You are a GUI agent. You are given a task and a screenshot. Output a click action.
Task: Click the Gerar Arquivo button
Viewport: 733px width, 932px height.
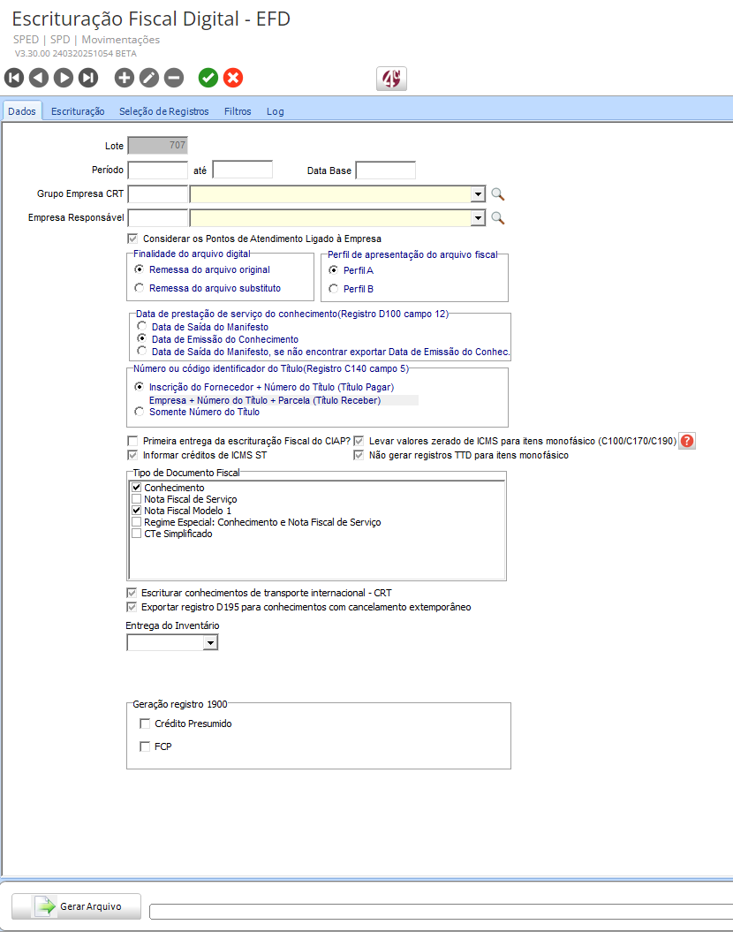point(76,906)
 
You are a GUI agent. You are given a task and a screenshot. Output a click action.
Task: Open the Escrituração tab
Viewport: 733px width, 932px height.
point(78,111)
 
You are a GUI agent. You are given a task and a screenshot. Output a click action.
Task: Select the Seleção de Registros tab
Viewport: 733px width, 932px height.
point(163,111)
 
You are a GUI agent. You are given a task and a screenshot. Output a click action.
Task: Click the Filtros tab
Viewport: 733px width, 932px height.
point(238,111)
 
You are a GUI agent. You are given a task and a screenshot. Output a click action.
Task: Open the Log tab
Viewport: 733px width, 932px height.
point(276,111)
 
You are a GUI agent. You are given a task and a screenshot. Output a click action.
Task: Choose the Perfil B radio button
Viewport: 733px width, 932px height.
point(333,289)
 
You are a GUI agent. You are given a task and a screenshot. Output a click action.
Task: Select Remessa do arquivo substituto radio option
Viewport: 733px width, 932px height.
point(140,288)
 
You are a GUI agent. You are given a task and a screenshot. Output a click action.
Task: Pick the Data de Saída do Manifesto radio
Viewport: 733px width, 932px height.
point(142,327)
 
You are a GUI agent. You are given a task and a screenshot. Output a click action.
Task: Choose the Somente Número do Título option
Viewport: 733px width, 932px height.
point(140,412)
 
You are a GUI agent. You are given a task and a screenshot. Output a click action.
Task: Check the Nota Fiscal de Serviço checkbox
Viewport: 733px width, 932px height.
point(137,499)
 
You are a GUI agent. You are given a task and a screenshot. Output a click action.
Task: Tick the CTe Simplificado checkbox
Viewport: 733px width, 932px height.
point(137,534)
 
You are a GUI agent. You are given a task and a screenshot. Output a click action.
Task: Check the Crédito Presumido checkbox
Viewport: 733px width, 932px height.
point(146,724)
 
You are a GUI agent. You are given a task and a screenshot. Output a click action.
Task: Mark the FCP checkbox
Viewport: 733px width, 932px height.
point(146,746)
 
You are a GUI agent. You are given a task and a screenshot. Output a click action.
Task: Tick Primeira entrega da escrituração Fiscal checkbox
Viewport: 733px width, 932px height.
point(133,440)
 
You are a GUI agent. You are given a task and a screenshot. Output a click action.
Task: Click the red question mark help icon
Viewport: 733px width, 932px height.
point(688,441)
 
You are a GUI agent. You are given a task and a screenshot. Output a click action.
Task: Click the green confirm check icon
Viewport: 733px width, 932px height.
point(208,78)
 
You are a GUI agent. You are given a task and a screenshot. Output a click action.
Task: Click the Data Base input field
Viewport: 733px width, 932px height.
point(385,170)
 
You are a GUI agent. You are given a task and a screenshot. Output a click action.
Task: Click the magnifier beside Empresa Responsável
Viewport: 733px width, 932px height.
point(498,217)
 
